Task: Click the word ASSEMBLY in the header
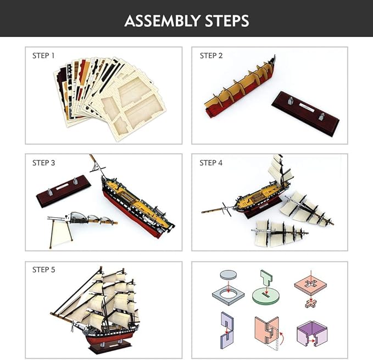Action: point(162,21)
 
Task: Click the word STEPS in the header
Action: point(227,21)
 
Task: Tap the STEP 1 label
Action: point(43,55)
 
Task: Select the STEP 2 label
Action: point(211,55)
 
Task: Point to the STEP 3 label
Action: point(43,163)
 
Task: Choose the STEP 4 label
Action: point(211,163)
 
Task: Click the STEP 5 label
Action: point(43,269)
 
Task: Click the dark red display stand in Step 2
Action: point(305,114)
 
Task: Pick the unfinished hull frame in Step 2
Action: point(240,87)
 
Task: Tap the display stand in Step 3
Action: point(64,192)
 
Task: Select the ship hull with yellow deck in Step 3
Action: point(137,204)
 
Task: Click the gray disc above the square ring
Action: point(229,275)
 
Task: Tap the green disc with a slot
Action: point(265,296)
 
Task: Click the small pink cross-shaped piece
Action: point(311,303)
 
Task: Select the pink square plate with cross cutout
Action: point(310,284)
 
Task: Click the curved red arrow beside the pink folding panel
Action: point(282,337)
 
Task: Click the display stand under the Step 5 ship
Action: point(110,347)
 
